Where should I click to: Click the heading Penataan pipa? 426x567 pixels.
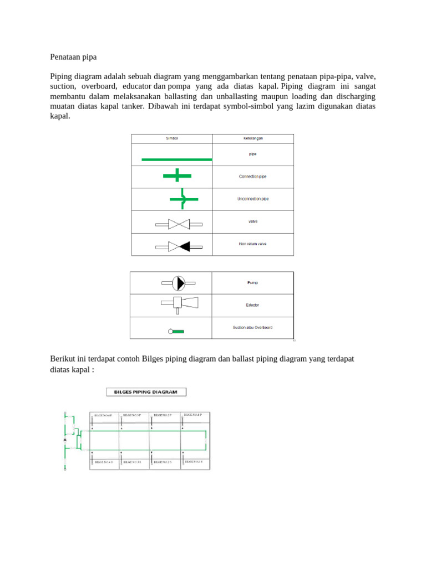pyautogui.click(x=73, y=56)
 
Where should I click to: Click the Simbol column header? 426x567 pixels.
pyautogui.click(x=172, y=138)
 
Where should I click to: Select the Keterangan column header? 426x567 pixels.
pyautogui.click(x=253, y=138)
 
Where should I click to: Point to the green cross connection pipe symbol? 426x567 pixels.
pyautogui.click(x=177, y=176)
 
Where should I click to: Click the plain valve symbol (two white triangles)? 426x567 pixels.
pyautogui.click(x=179, y=224)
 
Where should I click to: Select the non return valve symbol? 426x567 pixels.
pyautogui.click(x=179, y=246)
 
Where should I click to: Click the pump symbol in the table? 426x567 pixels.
pyautogui.click(x=178, y=283)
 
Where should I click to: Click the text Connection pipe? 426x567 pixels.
pyautogui.click(x=253, y=176)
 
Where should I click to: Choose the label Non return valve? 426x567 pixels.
pyautogui.click(x=253, y=244)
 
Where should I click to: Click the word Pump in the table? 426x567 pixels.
pyautogui.click(x=252, y=282)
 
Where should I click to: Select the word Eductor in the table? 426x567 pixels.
pyautogui.click(x=252, y=305)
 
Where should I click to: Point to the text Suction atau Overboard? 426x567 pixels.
pyautogui.click(x=252, y=327)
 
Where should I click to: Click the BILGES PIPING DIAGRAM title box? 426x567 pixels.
pyautogui.click(x=146, y=392)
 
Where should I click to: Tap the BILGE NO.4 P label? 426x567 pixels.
pyautogui.click(x=103, y=415)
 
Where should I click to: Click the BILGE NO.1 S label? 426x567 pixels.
pyautogui.click(x=194, y=461)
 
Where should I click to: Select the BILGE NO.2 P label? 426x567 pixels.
pyautogui.click(x=163, y=415)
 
